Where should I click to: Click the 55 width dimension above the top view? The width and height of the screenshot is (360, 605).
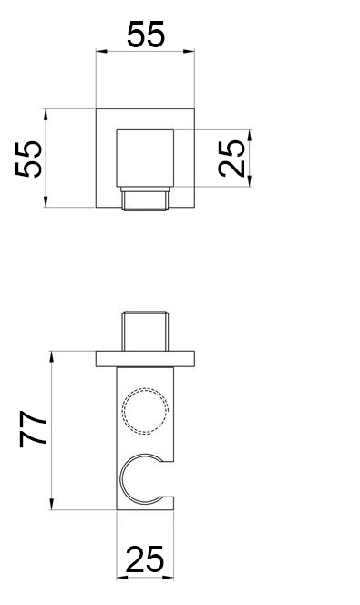tap(146, 35)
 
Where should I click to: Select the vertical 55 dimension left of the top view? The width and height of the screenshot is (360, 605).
tap(29, 159)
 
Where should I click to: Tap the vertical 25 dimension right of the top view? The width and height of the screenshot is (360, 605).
tap(231, 159)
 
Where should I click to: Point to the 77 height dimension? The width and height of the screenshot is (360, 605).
tap(33, 428)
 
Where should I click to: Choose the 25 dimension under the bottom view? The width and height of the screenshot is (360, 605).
tap(145, 559)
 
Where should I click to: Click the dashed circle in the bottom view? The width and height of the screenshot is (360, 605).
tap(145, 411)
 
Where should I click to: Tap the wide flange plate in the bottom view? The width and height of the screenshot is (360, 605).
tap(145, 359)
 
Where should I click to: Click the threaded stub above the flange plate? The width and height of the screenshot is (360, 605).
tap(145, 331)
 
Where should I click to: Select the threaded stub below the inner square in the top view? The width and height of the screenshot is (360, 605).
tap(145, 199)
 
